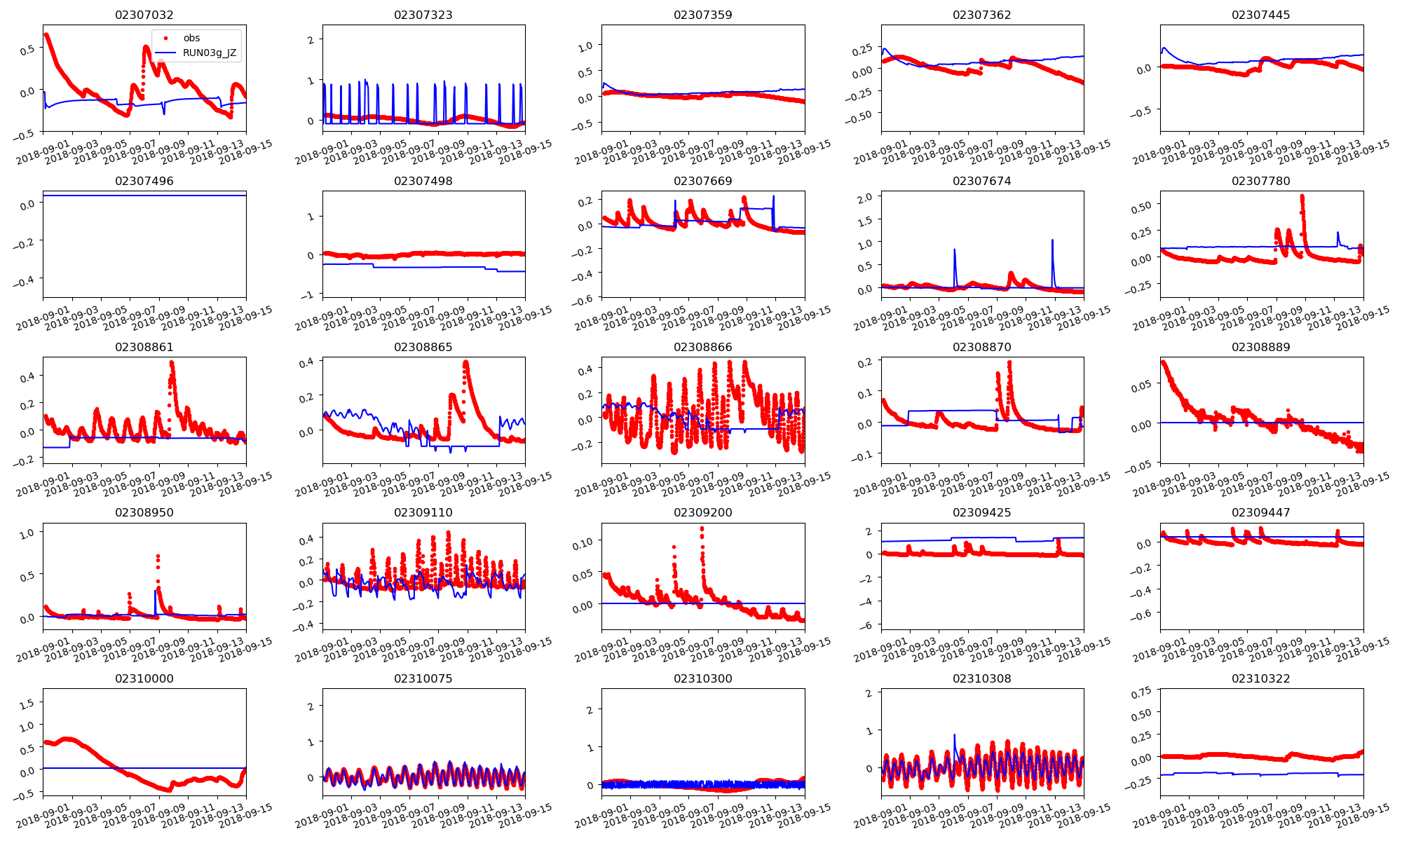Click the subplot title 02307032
[144, 15]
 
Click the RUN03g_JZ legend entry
[209, 53]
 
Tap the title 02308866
[702, 347]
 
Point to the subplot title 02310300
[702, 678]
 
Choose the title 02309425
[981, 512]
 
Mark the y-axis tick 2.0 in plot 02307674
[865, 198]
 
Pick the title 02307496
[144, 181]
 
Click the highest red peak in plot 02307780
[1302, 196]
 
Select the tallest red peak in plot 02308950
[158, 556]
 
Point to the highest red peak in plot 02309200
[702, 528]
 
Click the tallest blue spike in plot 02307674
[1052, 240]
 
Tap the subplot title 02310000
[144, 678]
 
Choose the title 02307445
[1260, 15]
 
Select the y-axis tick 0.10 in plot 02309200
[583, 542]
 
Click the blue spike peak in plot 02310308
[954, 735]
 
